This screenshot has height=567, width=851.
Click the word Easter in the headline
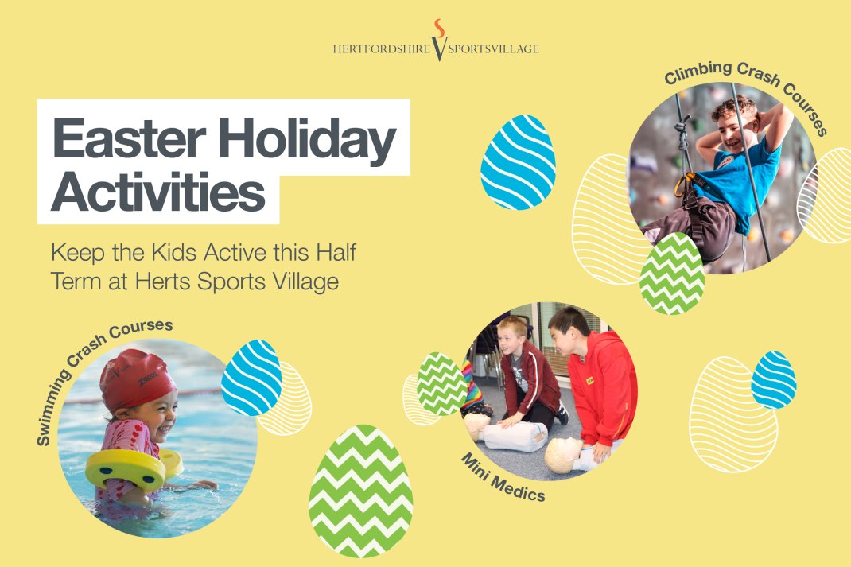[x=129, y=138]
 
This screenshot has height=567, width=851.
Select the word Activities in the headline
[x=158, y=192]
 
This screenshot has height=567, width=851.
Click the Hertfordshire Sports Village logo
[x=436, y=41]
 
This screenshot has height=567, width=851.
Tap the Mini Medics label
[x=503, y=478]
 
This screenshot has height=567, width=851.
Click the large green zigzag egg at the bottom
[x=360, y=491]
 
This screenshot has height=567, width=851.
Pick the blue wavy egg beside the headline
[x=518, y=162]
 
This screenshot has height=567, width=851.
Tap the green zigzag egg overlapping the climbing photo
[x=672, y=274]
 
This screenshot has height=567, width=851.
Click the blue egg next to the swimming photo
[x=251, y=378]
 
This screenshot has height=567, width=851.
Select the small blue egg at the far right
[x=774, y=380]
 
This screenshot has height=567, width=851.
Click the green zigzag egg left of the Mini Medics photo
[x=442, y=384]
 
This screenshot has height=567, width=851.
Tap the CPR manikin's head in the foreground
[x=563, y=456]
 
